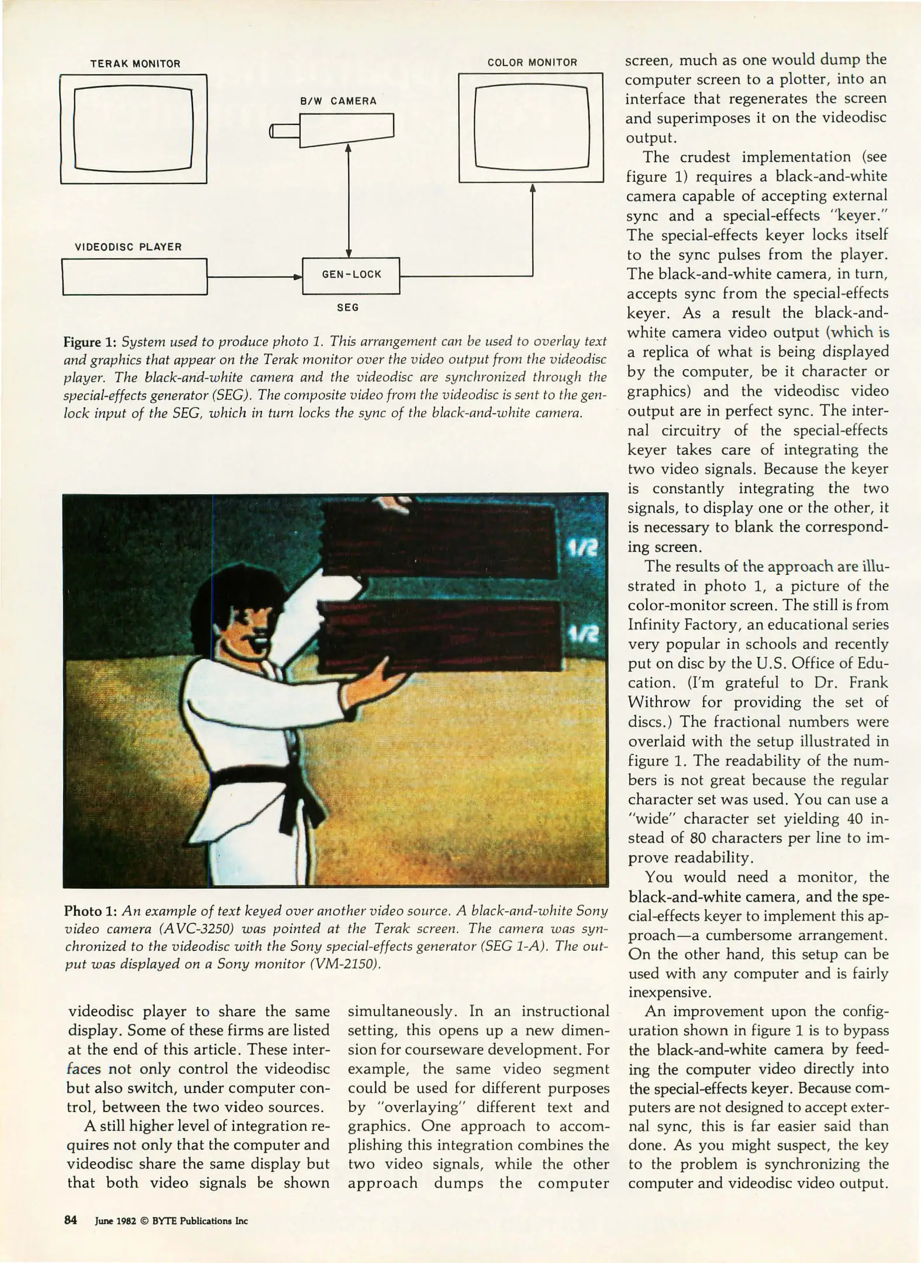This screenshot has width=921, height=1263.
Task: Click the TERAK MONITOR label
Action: click(x=135, y=64)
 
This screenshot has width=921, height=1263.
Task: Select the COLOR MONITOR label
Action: click(x=532, y=63)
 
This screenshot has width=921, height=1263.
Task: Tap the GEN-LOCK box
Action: click(x=351, y=275)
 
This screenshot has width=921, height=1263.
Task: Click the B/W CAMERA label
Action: click(x=338, y=101)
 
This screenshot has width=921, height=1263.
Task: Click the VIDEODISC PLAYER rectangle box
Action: click(x=134, y=277)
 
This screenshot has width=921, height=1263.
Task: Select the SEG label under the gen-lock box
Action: click(x=347, y=308)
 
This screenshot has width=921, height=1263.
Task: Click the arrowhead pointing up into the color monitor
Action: click(x=532, y=188)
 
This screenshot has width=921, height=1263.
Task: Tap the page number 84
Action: click(x=71, y=1220)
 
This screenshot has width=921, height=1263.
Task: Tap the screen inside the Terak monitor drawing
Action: click(x=133, y=128)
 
